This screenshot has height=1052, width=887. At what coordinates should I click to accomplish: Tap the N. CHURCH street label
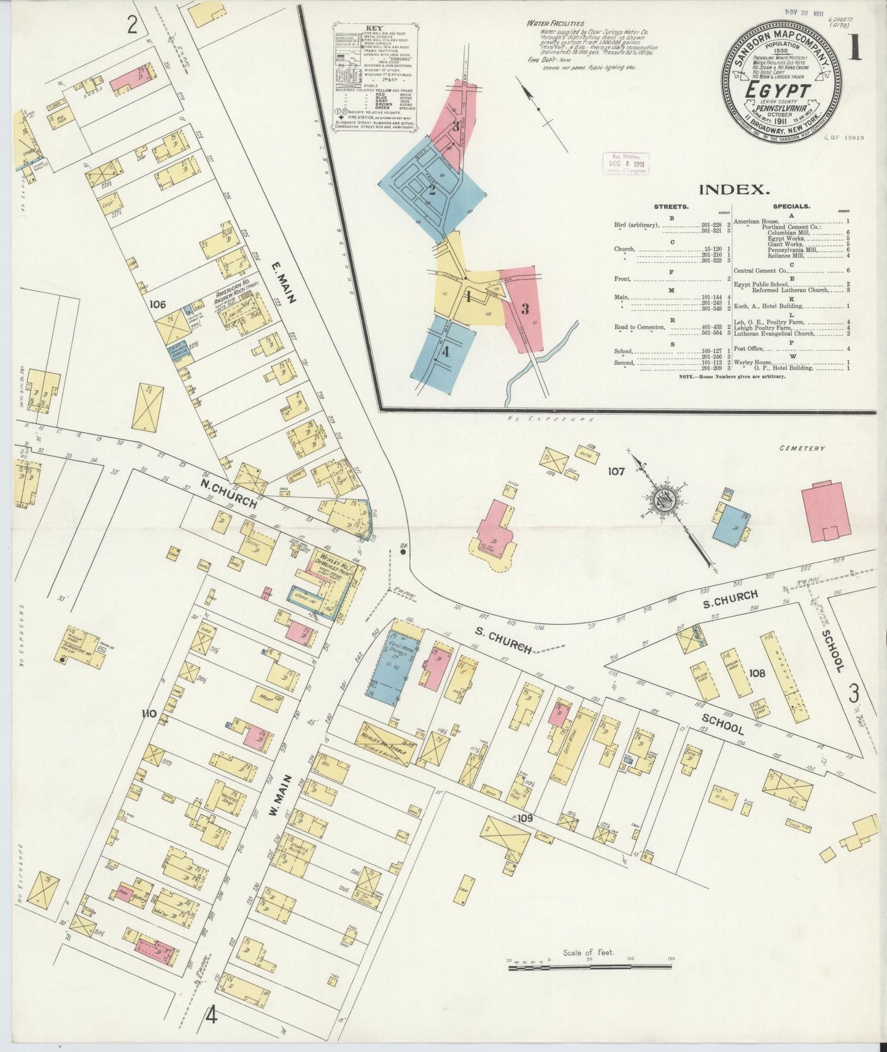click(x=228, y=493)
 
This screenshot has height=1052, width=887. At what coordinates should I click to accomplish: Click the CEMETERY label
click(x=802, y=448)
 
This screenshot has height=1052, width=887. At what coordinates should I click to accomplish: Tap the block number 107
click(x=616, y=471)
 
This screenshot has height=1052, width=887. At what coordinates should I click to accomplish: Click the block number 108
click(x=757, y=673)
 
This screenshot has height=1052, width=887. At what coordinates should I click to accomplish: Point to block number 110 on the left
click(x=149, y=713)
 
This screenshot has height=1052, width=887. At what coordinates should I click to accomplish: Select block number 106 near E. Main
click(x=157, y=303)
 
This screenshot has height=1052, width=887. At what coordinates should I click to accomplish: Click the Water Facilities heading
click(x=554, y=23)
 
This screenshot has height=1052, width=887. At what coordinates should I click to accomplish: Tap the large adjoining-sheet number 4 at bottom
click(x=211, y=1016)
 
